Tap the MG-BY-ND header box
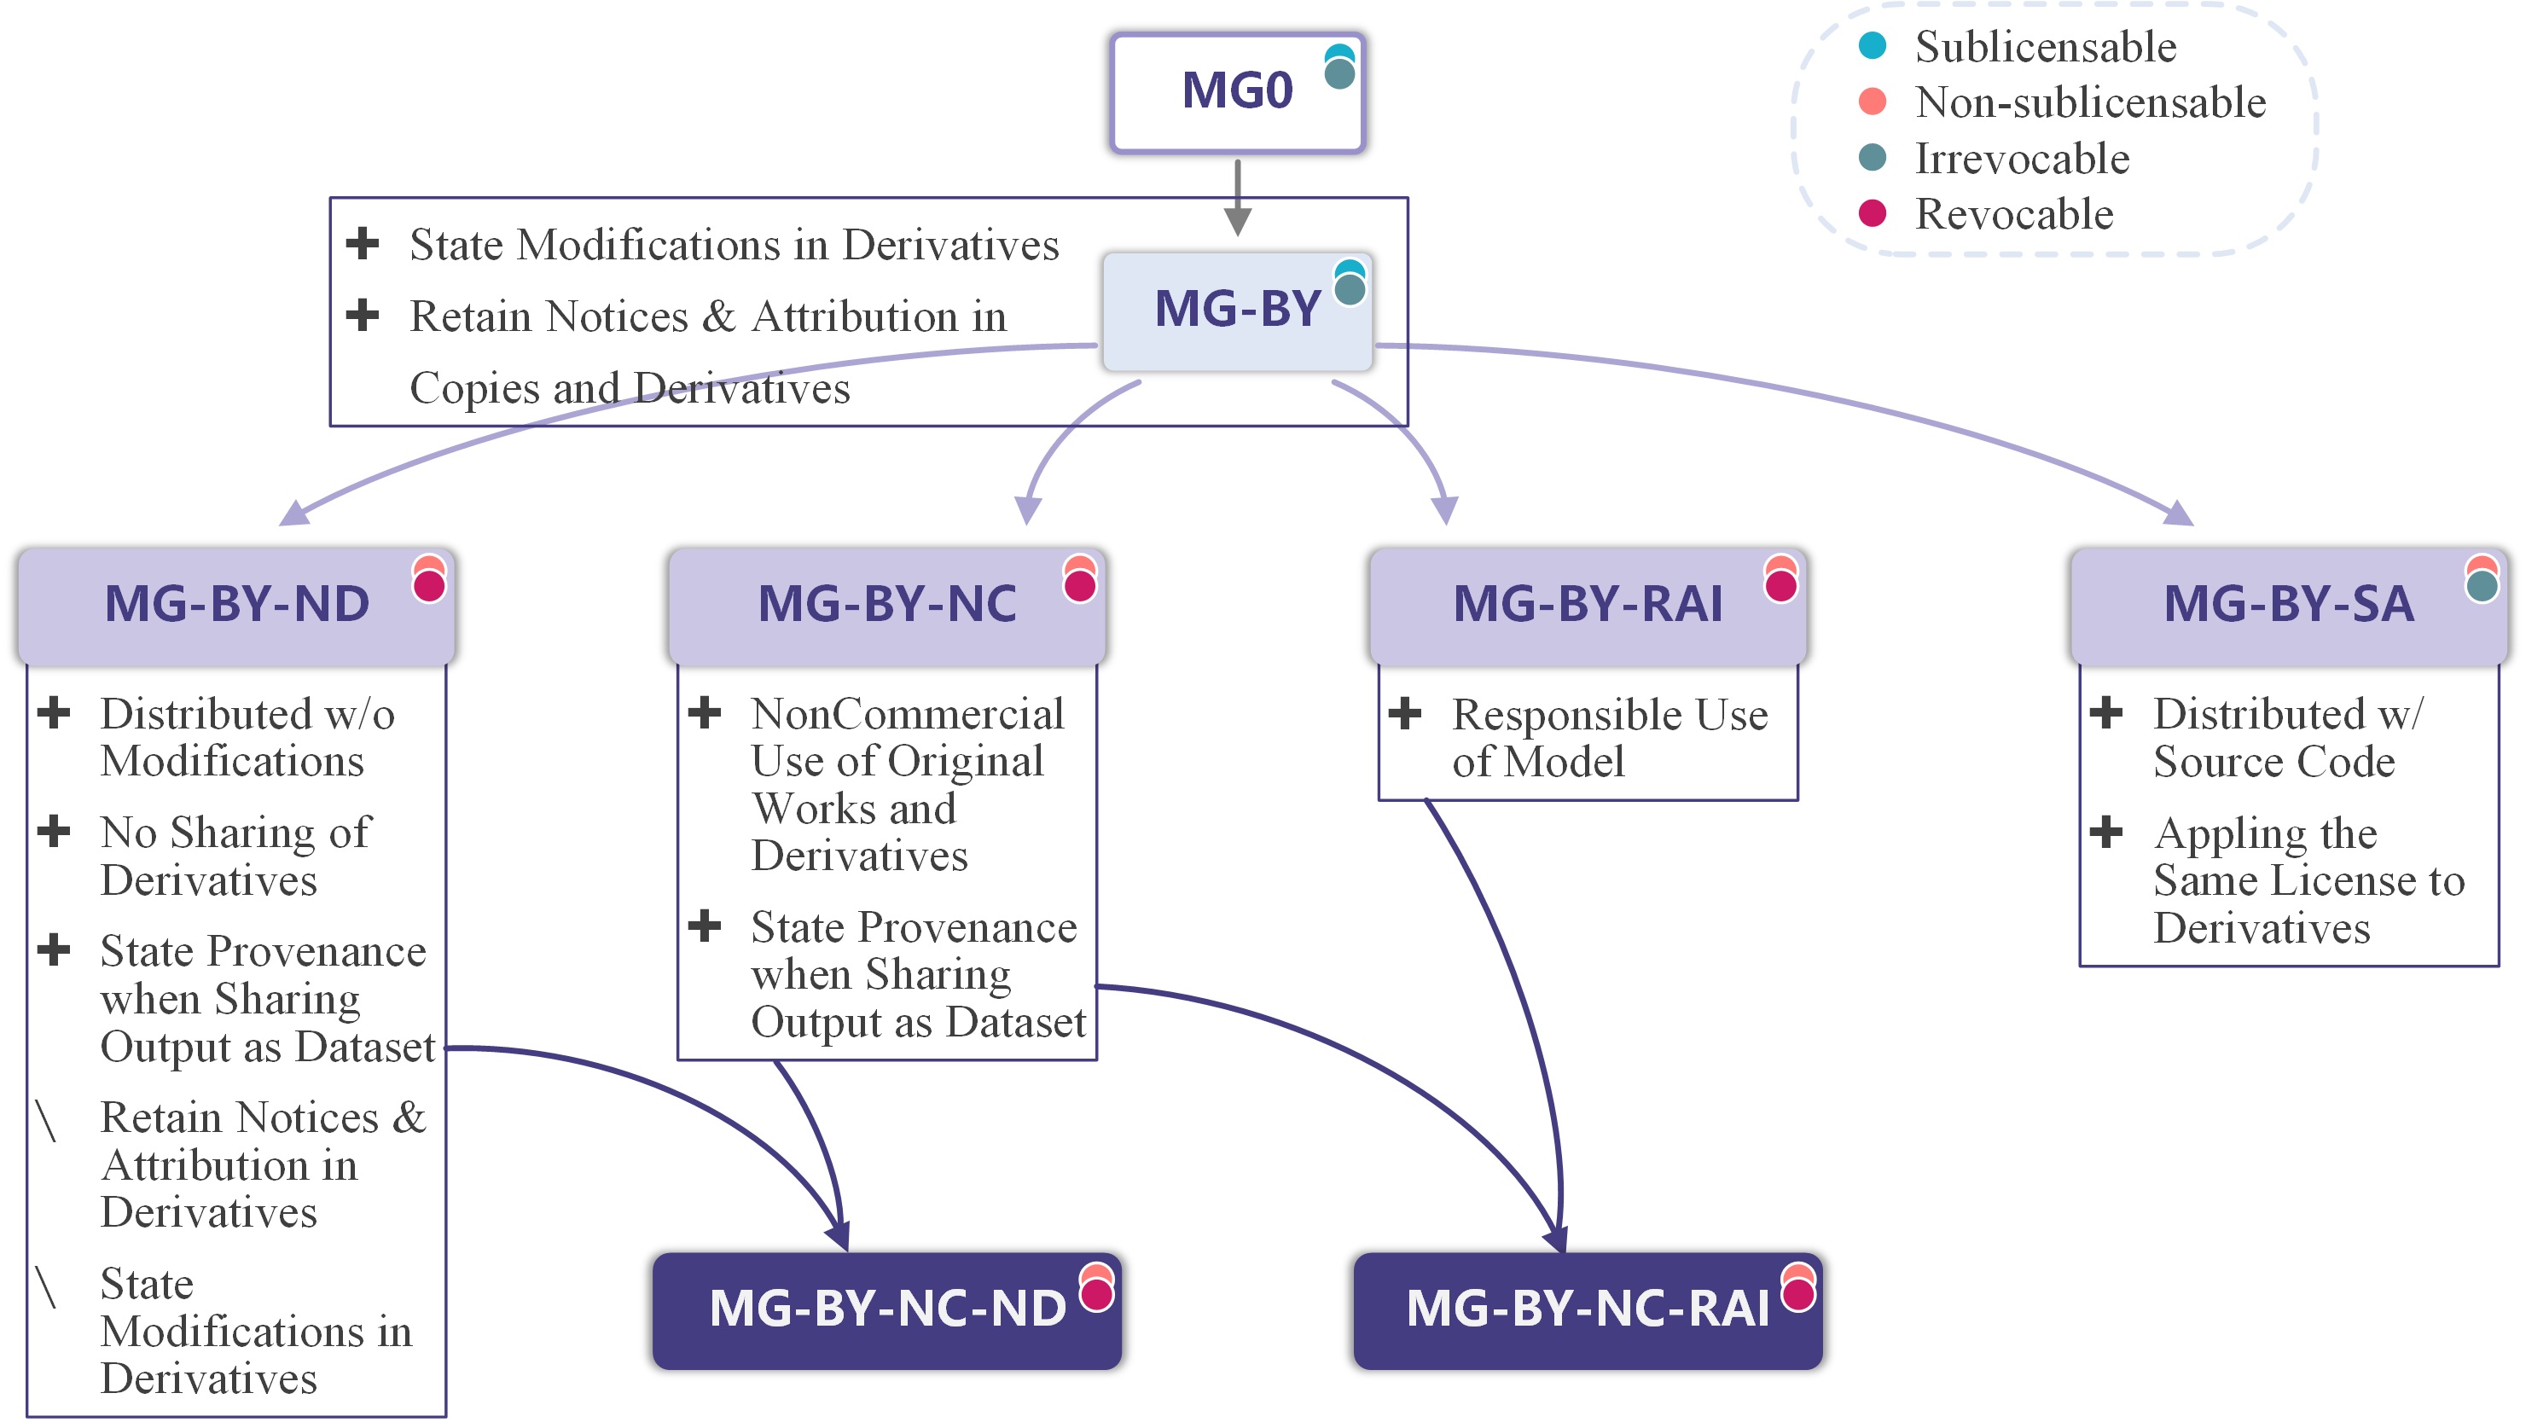point(236,604)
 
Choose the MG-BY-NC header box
point(886,604)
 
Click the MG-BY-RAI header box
point(1588,604)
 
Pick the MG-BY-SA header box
point(2288,604)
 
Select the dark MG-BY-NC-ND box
point(886,1309)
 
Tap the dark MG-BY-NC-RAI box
point(1588,1309)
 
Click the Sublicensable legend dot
point(1872,45)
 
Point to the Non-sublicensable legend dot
point(1872,101)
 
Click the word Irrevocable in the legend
point(2022,159)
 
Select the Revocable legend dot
point(1872,212)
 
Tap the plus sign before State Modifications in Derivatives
point(363,242)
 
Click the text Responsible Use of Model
point(1608,738)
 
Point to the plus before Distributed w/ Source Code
point(2106,713)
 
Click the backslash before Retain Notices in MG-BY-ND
point(46,1120)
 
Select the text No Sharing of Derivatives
point(235,856)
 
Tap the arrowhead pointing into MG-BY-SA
point(2179,513)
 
